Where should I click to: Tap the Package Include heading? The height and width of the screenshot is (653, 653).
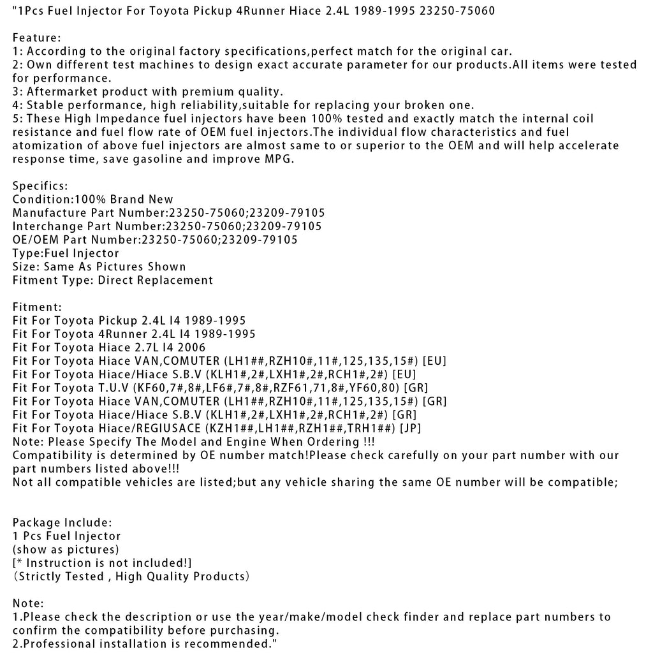[62, 522]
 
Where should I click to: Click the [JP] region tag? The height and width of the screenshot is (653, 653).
[410, 428]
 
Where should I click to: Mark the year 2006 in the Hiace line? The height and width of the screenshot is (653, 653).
[193, 348]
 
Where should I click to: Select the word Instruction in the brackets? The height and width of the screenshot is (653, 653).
[57, 562]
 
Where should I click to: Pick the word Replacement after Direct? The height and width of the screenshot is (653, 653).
[180, 279]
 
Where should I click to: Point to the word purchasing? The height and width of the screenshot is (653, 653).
[213, 630]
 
